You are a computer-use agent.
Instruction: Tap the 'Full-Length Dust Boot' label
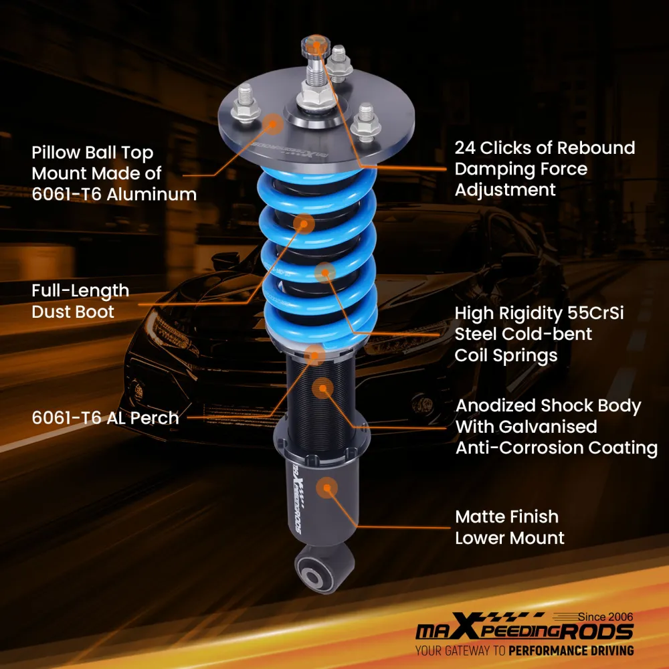click(x=80, y=301)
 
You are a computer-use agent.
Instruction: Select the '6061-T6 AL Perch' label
click(x=106, y=418)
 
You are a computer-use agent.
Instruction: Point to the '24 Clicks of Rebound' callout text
click(x=545, y=147)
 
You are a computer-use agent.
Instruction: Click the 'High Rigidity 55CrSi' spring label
click(x=539, y=313)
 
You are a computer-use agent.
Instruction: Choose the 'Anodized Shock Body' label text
click(x=548, y=406)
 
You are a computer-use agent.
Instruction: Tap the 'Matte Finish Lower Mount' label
click(x=509, y=527)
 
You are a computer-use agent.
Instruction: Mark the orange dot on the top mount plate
click(x=272, y=122)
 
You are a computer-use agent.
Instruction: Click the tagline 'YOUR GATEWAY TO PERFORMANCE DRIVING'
click(x=524, y=650)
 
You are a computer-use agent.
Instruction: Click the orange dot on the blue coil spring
click(x=325, y=272)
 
